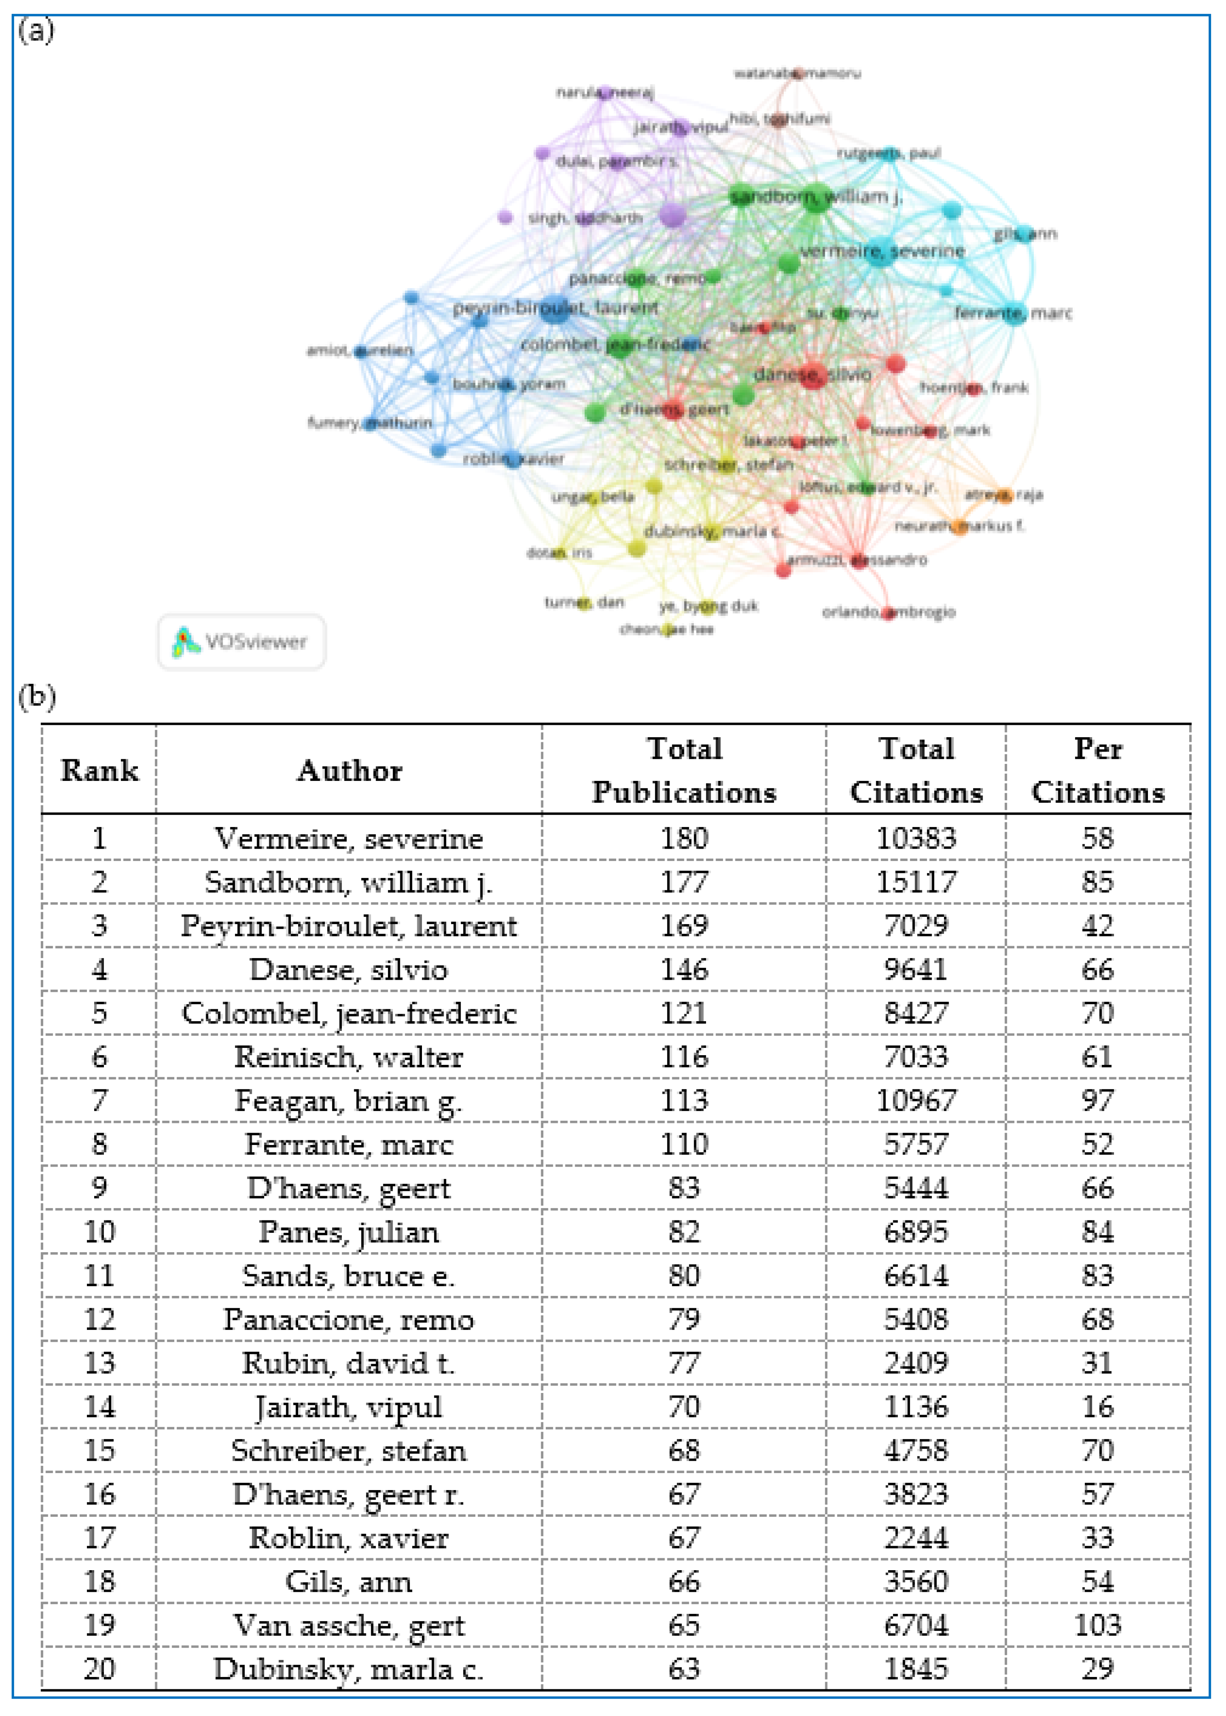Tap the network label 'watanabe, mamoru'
coord(796,73)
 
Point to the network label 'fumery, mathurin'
coord(370,423)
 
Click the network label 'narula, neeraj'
coord(605,92)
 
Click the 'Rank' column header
coord(100,771)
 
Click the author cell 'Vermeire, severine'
coord(349,838)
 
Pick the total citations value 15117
coord(916,882)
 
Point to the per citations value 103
coord(1098,1625)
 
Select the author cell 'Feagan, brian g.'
coord(349,1101)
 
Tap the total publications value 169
coord(684,926)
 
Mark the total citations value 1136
coord(916,1407)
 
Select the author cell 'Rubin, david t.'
coord(349,1363)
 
